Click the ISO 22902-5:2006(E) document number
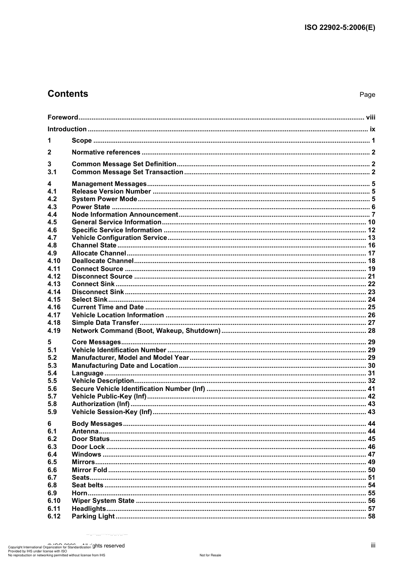(x=339, y=28)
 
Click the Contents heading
(x=68, y=94)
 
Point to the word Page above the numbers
(x=367, y=95)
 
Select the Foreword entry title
(x=63, y=117)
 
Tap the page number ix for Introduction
(x=372, y=129)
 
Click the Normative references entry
(x=106, y=152)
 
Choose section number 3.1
(x=52, y=172)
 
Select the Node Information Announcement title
(x=125, y=215)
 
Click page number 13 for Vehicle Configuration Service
(x=371, y=238)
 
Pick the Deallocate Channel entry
(x=102, y=261)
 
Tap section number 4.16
(x=54, y=307)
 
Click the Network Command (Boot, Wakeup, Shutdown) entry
(x=146, y=331)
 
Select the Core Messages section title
(x=96, y=342)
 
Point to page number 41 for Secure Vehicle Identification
(x=371, y=389)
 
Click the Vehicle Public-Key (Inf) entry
(x=109, y=396)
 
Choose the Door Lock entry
(x=88, y=447)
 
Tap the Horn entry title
(x=80, y=493)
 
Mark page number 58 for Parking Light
(x=371, y=516)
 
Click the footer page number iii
(x=373, y=545)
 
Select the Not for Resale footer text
(x=210, y=555)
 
